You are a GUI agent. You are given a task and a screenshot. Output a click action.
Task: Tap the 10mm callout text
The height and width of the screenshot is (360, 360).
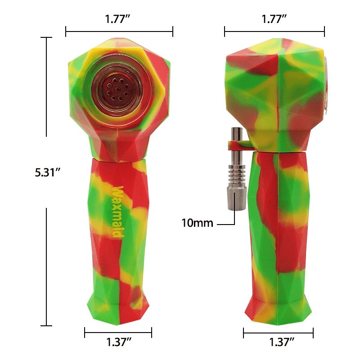pyautogui.click(x=197, y=223)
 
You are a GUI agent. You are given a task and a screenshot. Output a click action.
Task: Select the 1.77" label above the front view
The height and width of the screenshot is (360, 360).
pyautogui.click(x=119, y=19)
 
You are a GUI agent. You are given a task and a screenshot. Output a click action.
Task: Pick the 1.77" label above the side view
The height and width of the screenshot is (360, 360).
pyautogui.click(x=274, y=19)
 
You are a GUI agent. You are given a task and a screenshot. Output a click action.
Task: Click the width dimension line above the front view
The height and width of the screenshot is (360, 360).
pyautogui.click(x=119, y=31)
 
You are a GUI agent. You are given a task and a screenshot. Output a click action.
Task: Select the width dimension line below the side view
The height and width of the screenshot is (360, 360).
pyautogui.click(x=279, y=333)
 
